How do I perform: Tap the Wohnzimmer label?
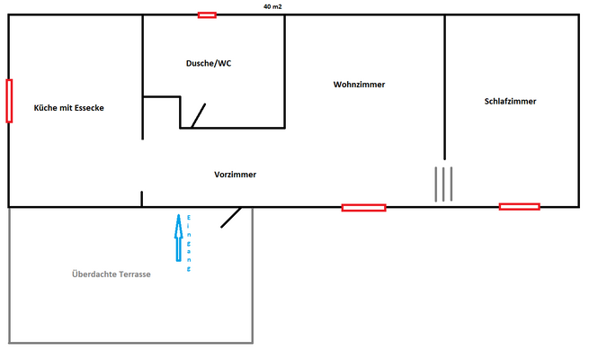point(359,85)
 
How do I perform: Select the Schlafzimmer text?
point(510,102)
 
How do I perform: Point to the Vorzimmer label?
point(235,174)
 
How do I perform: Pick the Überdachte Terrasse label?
point(111,274)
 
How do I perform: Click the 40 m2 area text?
point(272,5)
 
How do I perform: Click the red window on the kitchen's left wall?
point(9,101)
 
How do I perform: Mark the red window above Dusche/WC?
point(207,14)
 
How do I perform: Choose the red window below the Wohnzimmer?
point(363,207)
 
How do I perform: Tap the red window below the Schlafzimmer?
point(519,207)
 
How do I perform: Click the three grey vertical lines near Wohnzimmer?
point(443,184)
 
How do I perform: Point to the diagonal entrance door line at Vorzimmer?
point(231,217)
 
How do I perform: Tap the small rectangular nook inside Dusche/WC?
point(162,112)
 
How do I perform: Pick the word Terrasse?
point(131,274)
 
